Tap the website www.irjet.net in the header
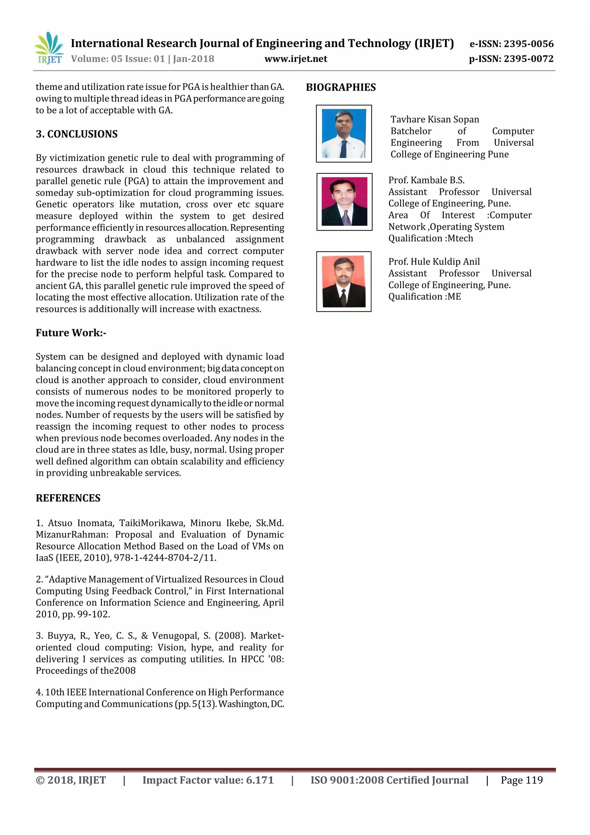tap(296, 59)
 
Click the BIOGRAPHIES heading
tap(341, 87)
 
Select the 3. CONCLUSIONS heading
tap(77, 134)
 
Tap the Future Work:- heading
tap(71, 333)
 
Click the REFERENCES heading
tap(68, 498)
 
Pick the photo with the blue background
tap(344, 133)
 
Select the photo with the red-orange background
tap(344, 281)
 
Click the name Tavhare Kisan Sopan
tap(434, 120)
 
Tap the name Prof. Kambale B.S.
tap(426, 180)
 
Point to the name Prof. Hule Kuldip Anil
tap(434, 262)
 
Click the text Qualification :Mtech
tap(430, 238)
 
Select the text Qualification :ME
tap(424, 297)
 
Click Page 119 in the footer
tap(521, 780)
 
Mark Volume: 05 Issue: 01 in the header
tap(118, 59)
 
